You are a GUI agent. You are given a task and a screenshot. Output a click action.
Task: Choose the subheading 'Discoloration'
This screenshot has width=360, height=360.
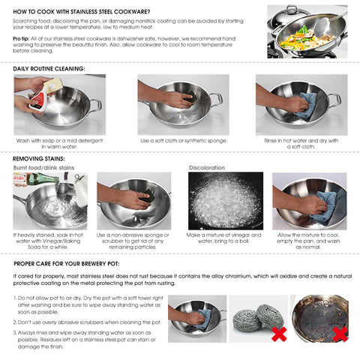[x=207, y=167]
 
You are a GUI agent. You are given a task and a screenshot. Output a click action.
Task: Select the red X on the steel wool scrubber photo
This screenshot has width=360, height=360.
[x=278, y=333]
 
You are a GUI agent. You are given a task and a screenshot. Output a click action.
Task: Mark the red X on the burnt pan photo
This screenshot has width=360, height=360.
[x=340, y=333]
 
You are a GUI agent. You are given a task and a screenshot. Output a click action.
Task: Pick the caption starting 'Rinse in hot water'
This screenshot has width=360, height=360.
[x=301, y=143]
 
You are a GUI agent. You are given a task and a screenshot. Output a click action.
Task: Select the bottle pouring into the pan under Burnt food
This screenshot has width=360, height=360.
[x=28, y=187]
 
